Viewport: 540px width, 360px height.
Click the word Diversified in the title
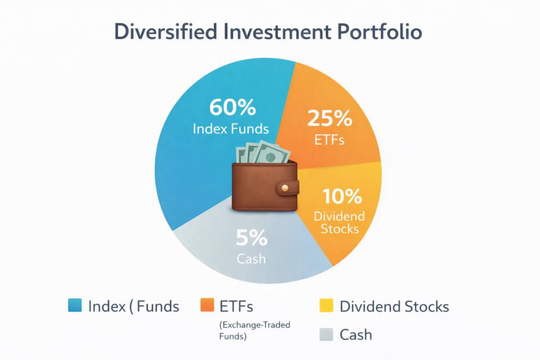(166, 32)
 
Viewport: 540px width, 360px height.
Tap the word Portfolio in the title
(380, 32)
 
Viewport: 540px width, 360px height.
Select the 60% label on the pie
(233, 107)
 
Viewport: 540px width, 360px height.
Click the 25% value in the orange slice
(330, 119)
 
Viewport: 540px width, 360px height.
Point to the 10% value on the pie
(342, 196)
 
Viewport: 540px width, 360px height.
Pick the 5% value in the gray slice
(252, 238)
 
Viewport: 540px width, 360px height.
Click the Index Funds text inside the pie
(231, 129)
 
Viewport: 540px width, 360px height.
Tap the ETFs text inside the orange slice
(330, 140)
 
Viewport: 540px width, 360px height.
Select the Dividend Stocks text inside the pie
(340, 222)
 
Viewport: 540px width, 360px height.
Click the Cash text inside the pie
(252, 259)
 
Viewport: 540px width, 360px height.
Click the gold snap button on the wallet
(285, 188)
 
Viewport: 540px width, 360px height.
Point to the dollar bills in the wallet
(263, 152)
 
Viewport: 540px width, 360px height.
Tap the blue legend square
(75, 305)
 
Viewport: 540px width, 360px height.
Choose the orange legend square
(207, 305)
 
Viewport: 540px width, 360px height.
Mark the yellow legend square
(326, 305)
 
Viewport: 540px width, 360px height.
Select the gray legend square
(326, 334)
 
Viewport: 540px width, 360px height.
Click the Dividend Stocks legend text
(394, 306)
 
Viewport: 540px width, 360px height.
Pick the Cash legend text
(356, 335)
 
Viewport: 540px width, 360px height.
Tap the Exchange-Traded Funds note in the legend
(255, 330)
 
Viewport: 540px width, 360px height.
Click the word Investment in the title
(277, 32)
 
